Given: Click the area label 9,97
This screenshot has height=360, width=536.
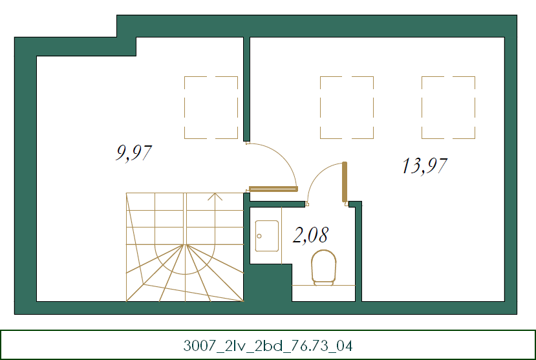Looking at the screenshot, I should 134,153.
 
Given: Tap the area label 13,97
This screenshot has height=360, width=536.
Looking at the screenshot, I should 424,166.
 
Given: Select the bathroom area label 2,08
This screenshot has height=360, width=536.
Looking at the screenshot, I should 310,235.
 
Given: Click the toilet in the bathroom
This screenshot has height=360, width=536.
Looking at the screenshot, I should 324,267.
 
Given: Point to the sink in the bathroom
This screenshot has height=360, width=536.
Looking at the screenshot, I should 266,236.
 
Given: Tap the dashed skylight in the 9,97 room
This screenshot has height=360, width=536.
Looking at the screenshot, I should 211,107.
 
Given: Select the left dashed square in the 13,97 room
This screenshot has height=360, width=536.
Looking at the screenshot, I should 347,107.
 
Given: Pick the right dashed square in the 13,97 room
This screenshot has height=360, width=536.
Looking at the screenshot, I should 448,107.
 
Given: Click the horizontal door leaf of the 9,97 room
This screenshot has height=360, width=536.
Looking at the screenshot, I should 273,189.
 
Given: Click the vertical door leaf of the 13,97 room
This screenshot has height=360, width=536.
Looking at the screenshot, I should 345,183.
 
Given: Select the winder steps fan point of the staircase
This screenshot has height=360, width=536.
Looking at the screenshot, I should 186,245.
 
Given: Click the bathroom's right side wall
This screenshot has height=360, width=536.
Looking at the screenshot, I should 359,252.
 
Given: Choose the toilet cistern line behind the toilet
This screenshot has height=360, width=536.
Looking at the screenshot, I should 323,285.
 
